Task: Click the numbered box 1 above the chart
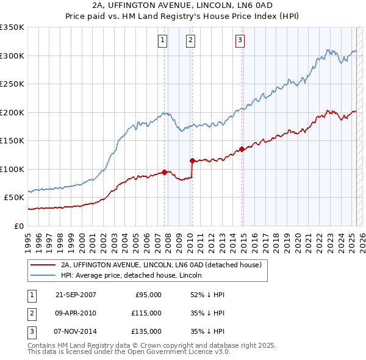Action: pyautogui.click(x=163, y=40)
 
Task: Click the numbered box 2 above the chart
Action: pyautogui.click(x=191, y=40)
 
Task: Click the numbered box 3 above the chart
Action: pyautogui.click(x=240, y=40)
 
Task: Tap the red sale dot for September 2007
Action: pyautogui.click(x=165, y=172)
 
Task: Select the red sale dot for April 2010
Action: pyautogui.click(x=192, y=161)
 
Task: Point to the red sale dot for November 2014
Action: pyautogui.click(x=242, y=149)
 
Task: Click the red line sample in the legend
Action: pyautogui.click(x=43, y=265)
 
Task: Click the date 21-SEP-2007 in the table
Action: pyautogui.click(x=76, y=295)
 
